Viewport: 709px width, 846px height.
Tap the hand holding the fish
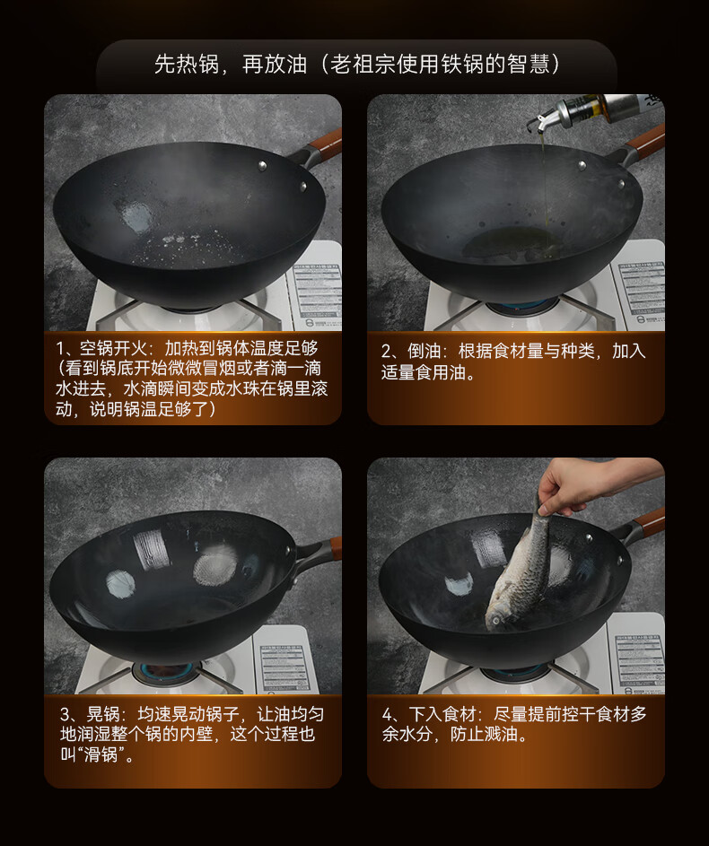coord(588,483)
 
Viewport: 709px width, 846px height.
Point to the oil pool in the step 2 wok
coord(510,243)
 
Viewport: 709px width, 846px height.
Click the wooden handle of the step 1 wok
coord(324,143)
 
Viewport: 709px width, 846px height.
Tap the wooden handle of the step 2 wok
coord(645,140)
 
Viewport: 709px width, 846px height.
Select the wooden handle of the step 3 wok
coord(336,548)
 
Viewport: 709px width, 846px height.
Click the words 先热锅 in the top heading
coord(186,65)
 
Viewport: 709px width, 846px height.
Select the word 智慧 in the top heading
coord(528,65)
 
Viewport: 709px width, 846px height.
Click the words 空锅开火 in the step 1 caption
coord(113,348)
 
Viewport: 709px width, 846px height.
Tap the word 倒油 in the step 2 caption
coord(425,352)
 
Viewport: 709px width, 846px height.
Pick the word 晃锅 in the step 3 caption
coord(103,714)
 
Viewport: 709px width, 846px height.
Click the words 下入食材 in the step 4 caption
coord(442,714)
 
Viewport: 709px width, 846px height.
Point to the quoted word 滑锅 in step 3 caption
coord(101,754)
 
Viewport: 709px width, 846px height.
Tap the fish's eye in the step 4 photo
coord(495,621)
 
